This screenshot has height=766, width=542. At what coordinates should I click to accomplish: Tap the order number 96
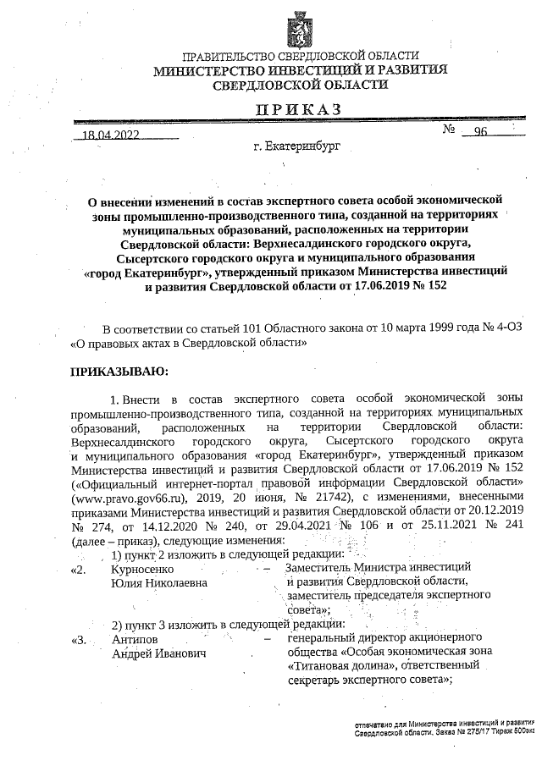[481, 132]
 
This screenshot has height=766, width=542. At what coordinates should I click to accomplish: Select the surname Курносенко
[143, 570]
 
